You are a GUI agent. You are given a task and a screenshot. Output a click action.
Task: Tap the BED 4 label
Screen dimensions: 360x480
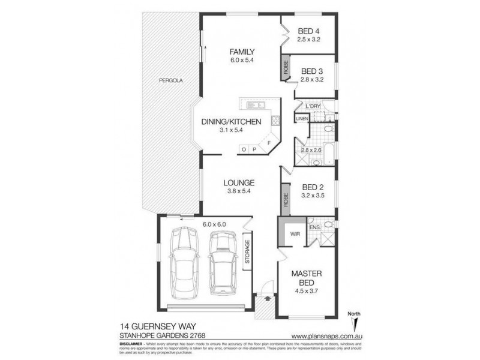point(310,31)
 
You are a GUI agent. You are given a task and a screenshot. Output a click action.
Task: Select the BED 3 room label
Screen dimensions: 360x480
point(312,70)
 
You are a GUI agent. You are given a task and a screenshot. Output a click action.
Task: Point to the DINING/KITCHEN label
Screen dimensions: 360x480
point(230,122)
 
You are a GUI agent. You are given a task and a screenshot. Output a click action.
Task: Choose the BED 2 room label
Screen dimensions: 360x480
point(312,187)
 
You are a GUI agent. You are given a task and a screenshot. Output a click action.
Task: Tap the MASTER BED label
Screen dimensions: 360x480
point(307,278)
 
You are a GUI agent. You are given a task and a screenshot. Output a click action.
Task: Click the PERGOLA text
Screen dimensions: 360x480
point(170,80)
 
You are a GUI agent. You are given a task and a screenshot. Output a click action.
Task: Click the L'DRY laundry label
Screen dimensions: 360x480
point(314,106)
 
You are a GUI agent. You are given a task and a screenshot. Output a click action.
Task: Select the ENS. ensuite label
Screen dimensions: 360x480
point(314,227)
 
